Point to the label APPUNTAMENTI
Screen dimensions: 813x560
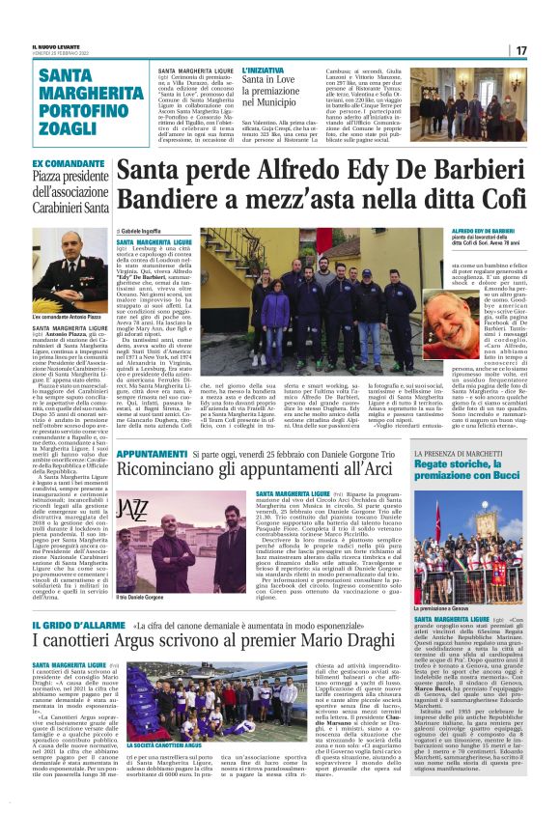(x=151, y=453)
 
